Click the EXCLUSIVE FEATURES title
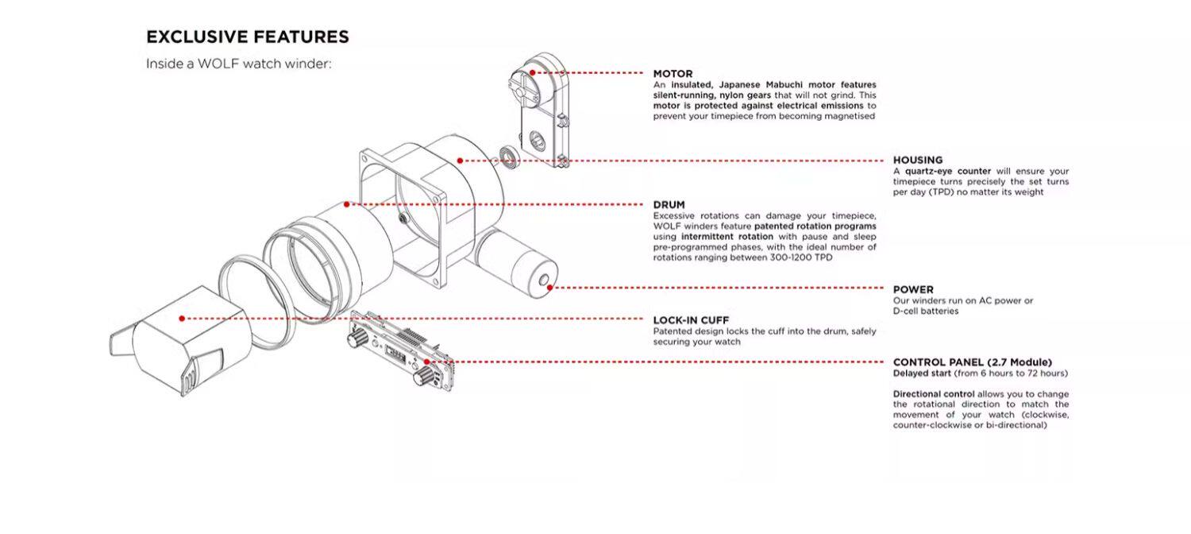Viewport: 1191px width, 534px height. click(x=247, y=37)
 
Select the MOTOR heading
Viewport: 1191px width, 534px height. click(x=673, y=73)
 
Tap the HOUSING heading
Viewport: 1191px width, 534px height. click(x=918, y=160)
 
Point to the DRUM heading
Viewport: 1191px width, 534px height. click(x=669, y=205)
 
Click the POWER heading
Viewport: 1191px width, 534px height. click(x=913, y=289)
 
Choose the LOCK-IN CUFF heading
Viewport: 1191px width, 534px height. click(x=691, y=320)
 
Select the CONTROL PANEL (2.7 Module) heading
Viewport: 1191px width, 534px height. click(x=972, y=362)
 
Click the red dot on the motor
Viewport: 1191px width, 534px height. click(x=532, y=72)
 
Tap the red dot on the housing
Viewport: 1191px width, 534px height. click(x=460, y=161)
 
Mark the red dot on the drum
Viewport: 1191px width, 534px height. click(x=347, y=204)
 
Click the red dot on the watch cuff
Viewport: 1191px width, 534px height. click(x=182, y=318)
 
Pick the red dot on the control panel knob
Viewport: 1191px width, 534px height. click(x=427, y=362)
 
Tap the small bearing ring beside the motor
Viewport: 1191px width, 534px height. click(x=509, y=157)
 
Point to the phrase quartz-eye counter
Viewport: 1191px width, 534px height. click(x=946, y=171)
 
